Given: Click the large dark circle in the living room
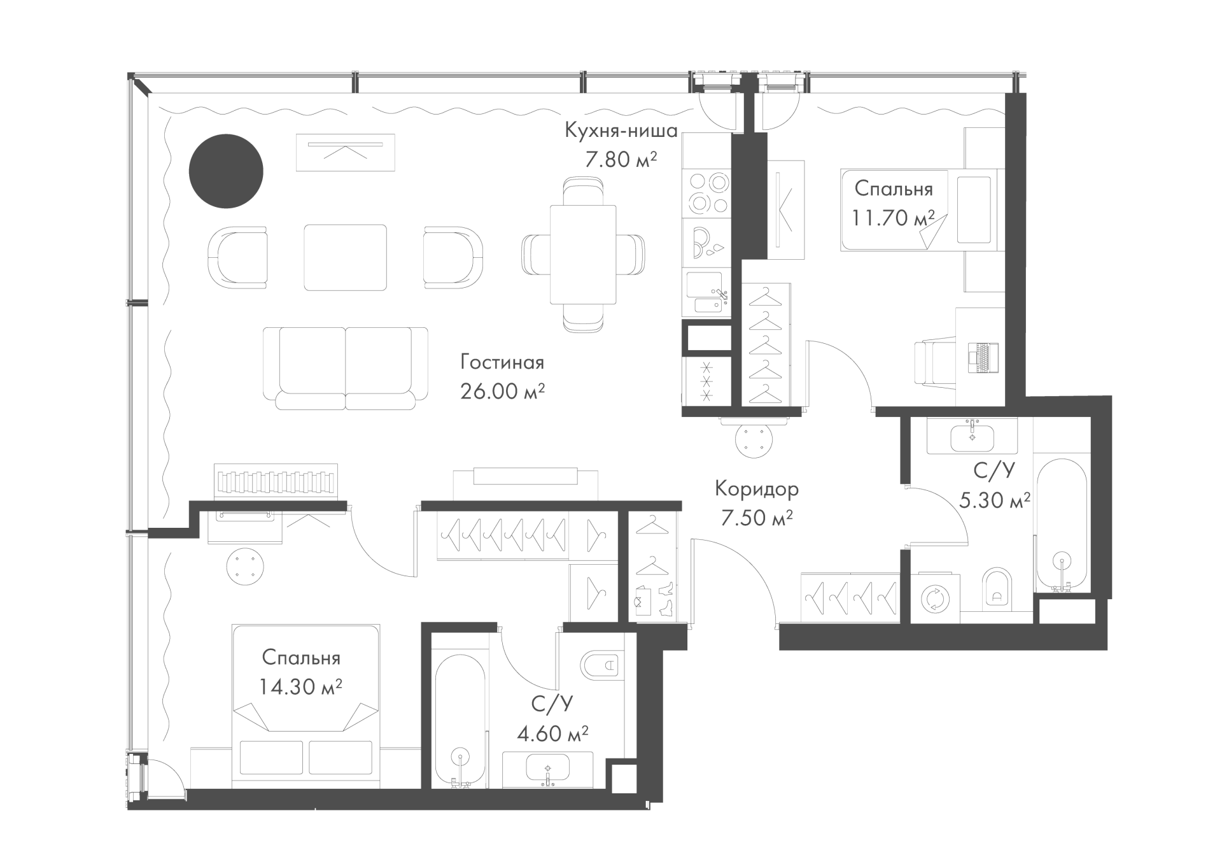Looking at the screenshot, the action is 226,171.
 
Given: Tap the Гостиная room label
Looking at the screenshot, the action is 502,363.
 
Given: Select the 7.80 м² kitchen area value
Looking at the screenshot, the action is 621,159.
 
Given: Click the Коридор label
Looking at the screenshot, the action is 757,489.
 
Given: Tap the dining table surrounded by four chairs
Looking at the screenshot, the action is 583,255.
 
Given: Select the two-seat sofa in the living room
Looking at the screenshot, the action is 346,369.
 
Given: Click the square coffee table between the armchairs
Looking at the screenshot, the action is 346,257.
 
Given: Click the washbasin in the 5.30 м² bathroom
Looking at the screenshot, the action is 972,436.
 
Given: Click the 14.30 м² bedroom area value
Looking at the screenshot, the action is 301,686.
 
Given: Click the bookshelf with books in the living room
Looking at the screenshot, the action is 276,481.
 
